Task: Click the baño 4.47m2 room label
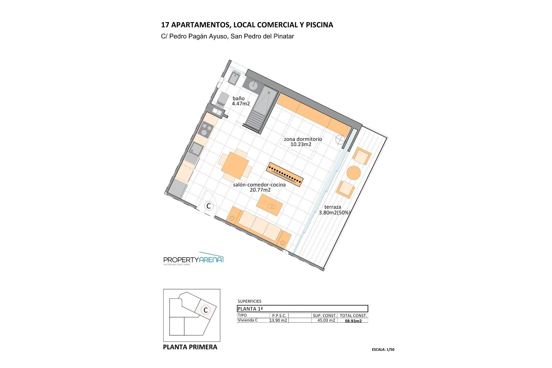241,101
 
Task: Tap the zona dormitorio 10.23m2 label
303,142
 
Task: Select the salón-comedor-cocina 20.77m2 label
259,187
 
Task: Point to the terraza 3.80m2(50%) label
334,210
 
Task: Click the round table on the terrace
354,173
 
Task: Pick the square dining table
235,166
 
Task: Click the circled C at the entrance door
209,206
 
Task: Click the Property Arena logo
193,260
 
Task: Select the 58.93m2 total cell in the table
353,321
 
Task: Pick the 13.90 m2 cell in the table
278,320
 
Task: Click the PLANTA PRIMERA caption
190,347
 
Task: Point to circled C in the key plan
206,310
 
